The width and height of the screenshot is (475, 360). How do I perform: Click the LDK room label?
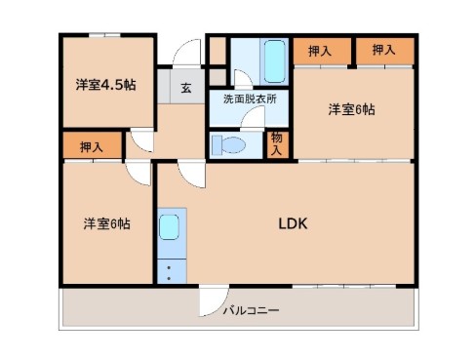pos(294,223)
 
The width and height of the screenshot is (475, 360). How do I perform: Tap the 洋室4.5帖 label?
pos(105,84)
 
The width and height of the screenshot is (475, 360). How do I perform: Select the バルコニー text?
pos(251,310)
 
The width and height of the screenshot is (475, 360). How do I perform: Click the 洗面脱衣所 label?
pos(249,99)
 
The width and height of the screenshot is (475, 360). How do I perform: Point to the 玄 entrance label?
pos(185,88)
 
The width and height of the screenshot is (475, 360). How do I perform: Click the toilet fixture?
pos(230,145)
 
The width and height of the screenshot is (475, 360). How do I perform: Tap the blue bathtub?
pos(271,61)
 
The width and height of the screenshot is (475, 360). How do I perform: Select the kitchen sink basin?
pos(170,229)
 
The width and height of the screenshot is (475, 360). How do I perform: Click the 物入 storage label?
pos(278,143)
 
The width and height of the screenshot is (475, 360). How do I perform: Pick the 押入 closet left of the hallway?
pos(93,146)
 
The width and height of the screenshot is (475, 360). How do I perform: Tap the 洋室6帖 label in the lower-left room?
pos(105,223)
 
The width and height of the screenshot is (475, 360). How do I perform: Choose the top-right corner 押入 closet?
pos(383,51)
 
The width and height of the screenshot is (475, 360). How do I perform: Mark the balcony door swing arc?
pos(212,303)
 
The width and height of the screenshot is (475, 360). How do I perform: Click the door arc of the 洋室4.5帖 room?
pos(142,141)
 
